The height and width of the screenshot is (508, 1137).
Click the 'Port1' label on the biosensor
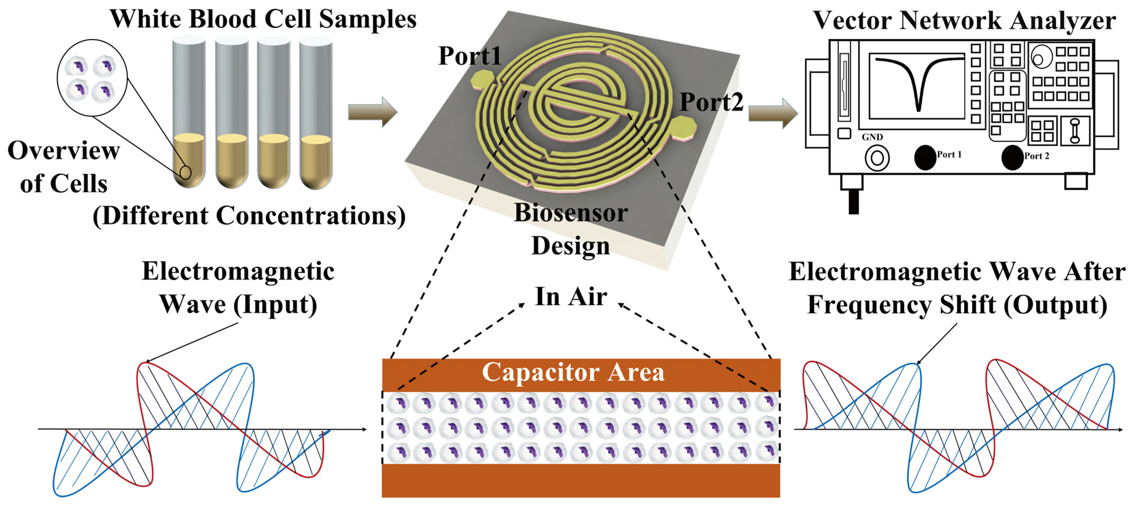click(469, 56)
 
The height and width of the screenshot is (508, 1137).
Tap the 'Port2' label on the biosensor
click(711, 102)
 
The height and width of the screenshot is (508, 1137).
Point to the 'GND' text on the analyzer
click(872, 137)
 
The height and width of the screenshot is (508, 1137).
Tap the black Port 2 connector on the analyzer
click(1012, 157)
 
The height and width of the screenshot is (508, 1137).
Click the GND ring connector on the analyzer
click(877, 158)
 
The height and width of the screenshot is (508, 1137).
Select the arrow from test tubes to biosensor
click(372, 112)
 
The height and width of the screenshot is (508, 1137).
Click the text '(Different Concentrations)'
click(249, 216)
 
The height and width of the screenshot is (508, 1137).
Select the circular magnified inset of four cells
click(92, 78)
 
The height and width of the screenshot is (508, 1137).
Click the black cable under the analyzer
click(854, 201)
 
